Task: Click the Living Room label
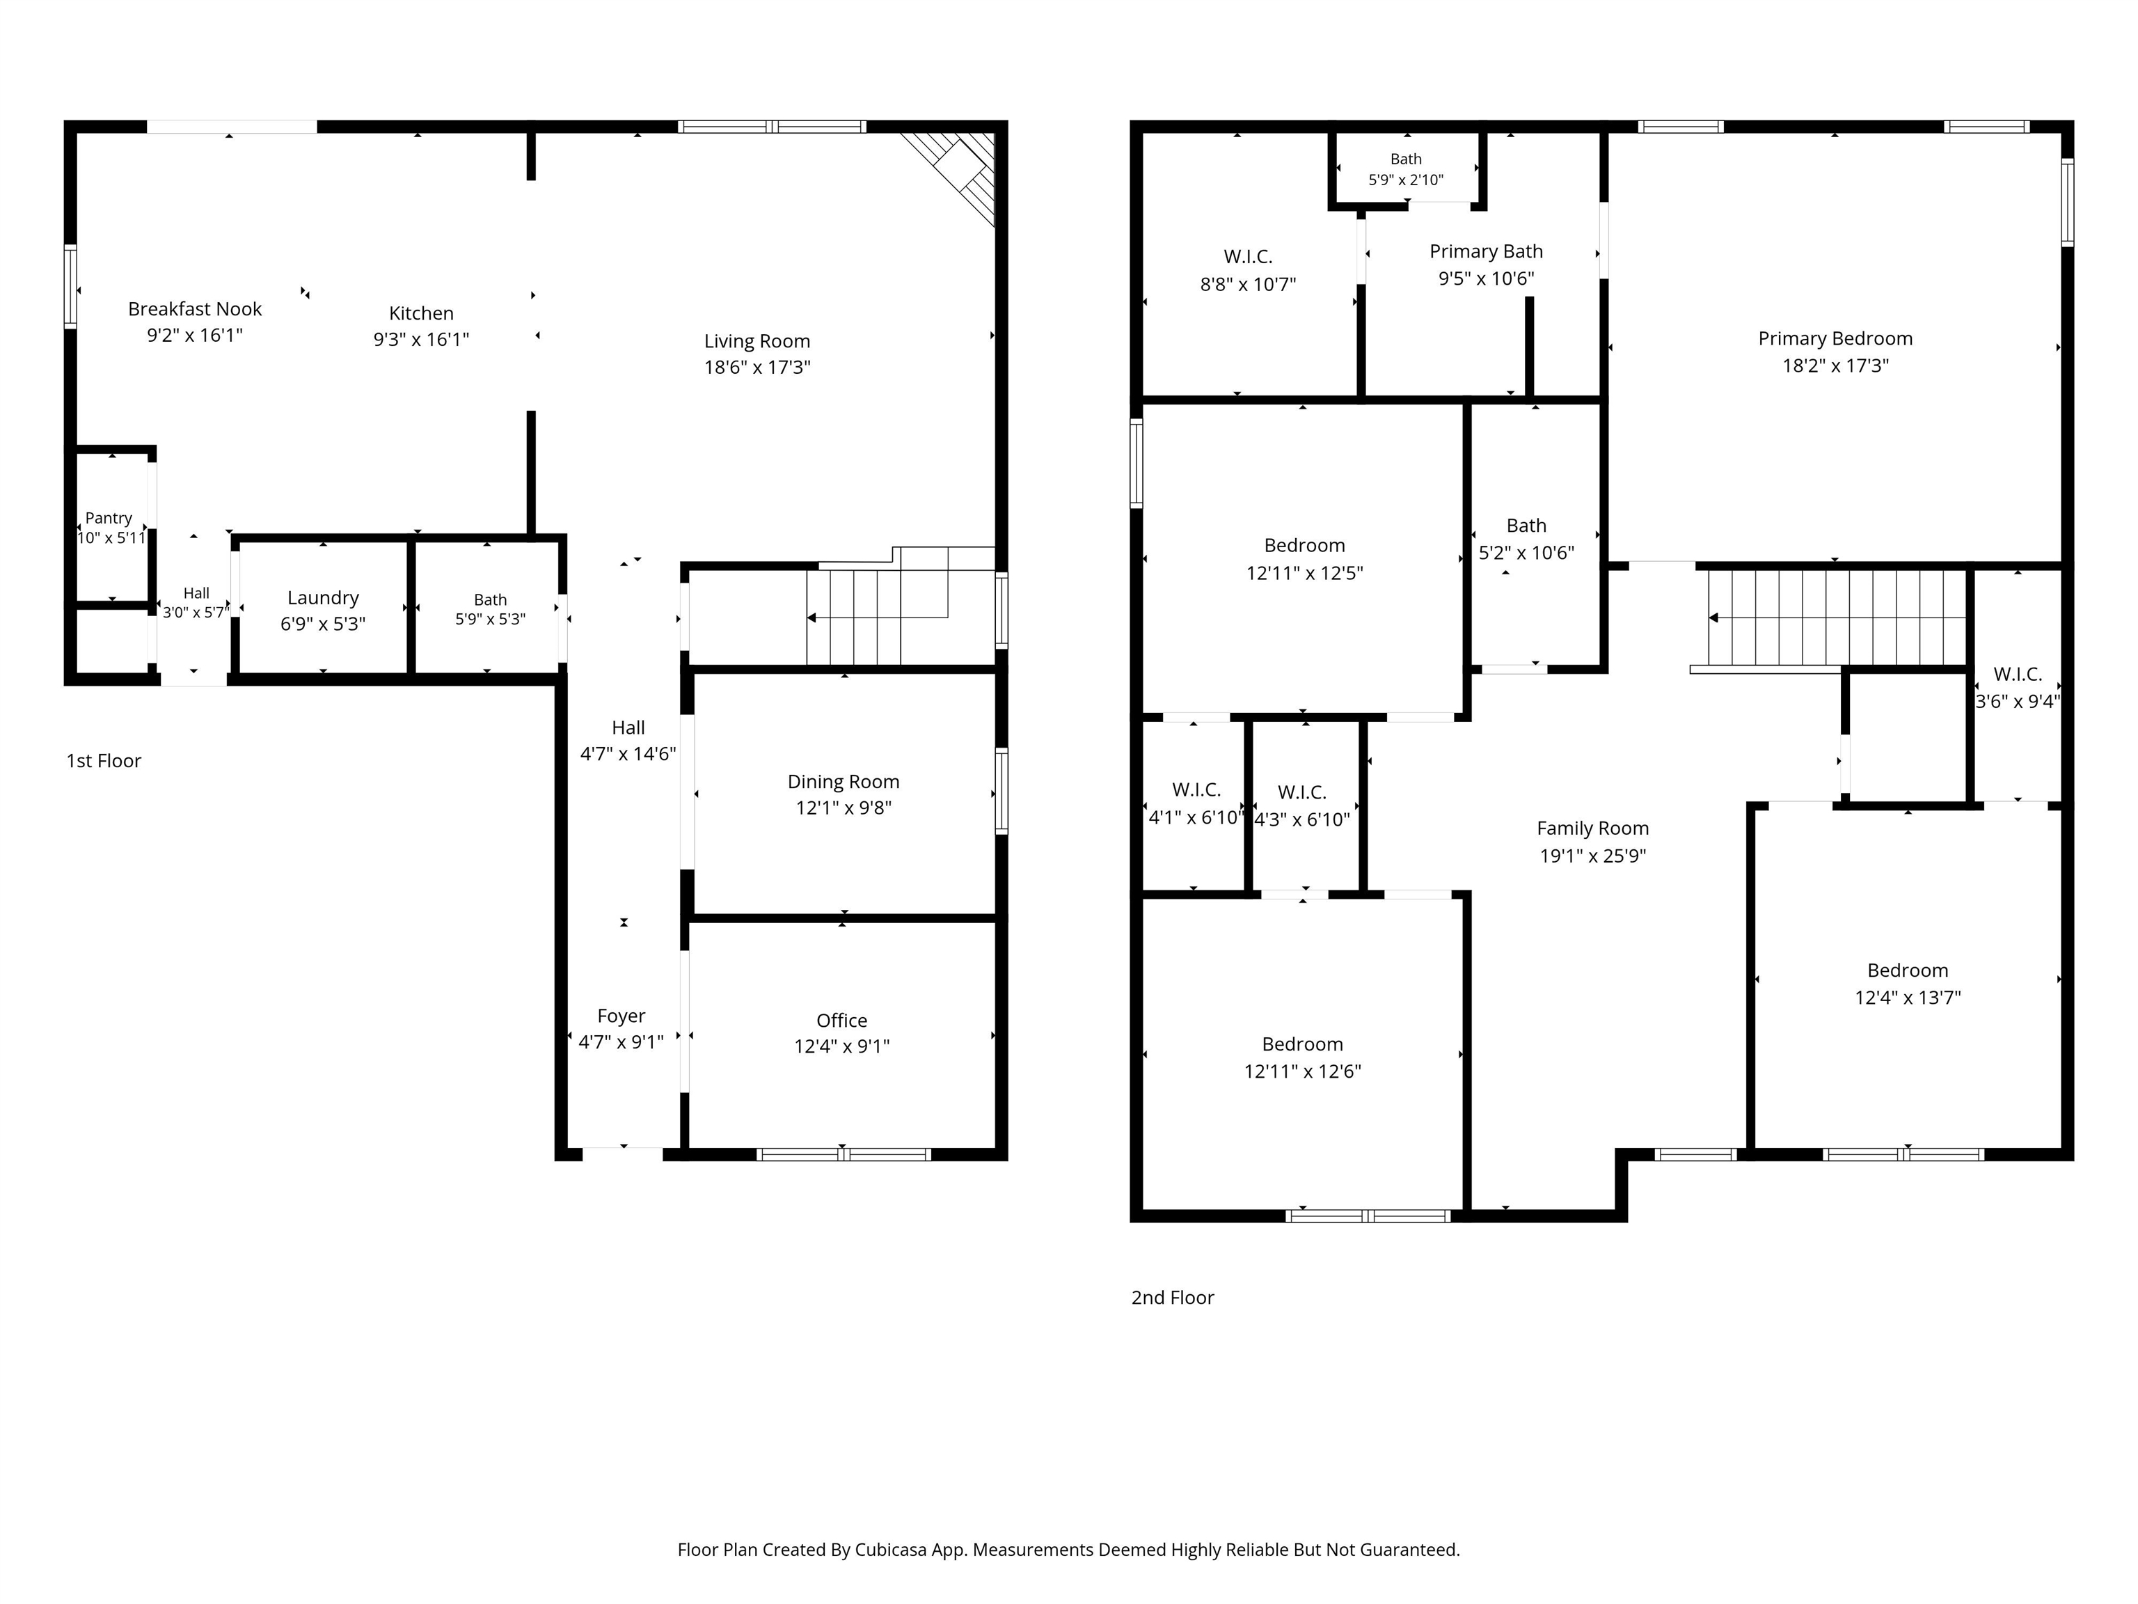757,341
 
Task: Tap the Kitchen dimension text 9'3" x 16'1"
422,339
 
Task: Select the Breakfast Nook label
196,309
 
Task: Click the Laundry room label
323,599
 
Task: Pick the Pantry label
109,518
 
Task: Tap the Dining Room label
844,783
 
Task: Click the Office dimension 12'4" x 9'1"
842,1046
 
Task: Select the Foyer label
621,1016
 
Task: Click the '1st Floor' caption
104,761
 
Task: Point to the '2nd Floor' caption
1173,1298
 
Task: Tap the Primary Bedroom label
1835,339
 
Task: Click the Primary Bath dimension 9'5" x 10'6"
1487,278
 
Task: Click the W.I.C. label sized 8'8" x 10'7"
1248,257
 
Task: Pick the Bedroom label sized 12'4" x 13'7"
1908,970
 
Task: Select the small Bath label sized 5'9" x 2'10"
1407,159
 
